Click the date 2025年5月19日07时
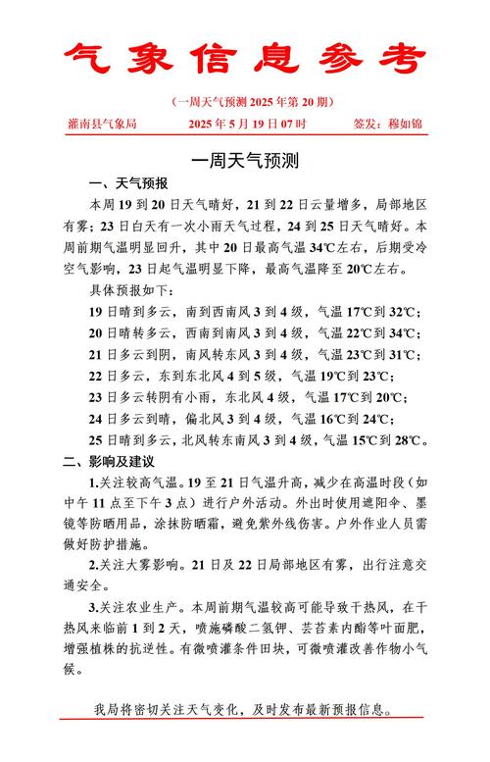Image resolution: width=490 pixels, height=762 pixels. (247, 125)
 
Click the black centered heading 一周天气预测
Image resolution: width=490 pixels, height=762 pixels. (245, 159)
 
